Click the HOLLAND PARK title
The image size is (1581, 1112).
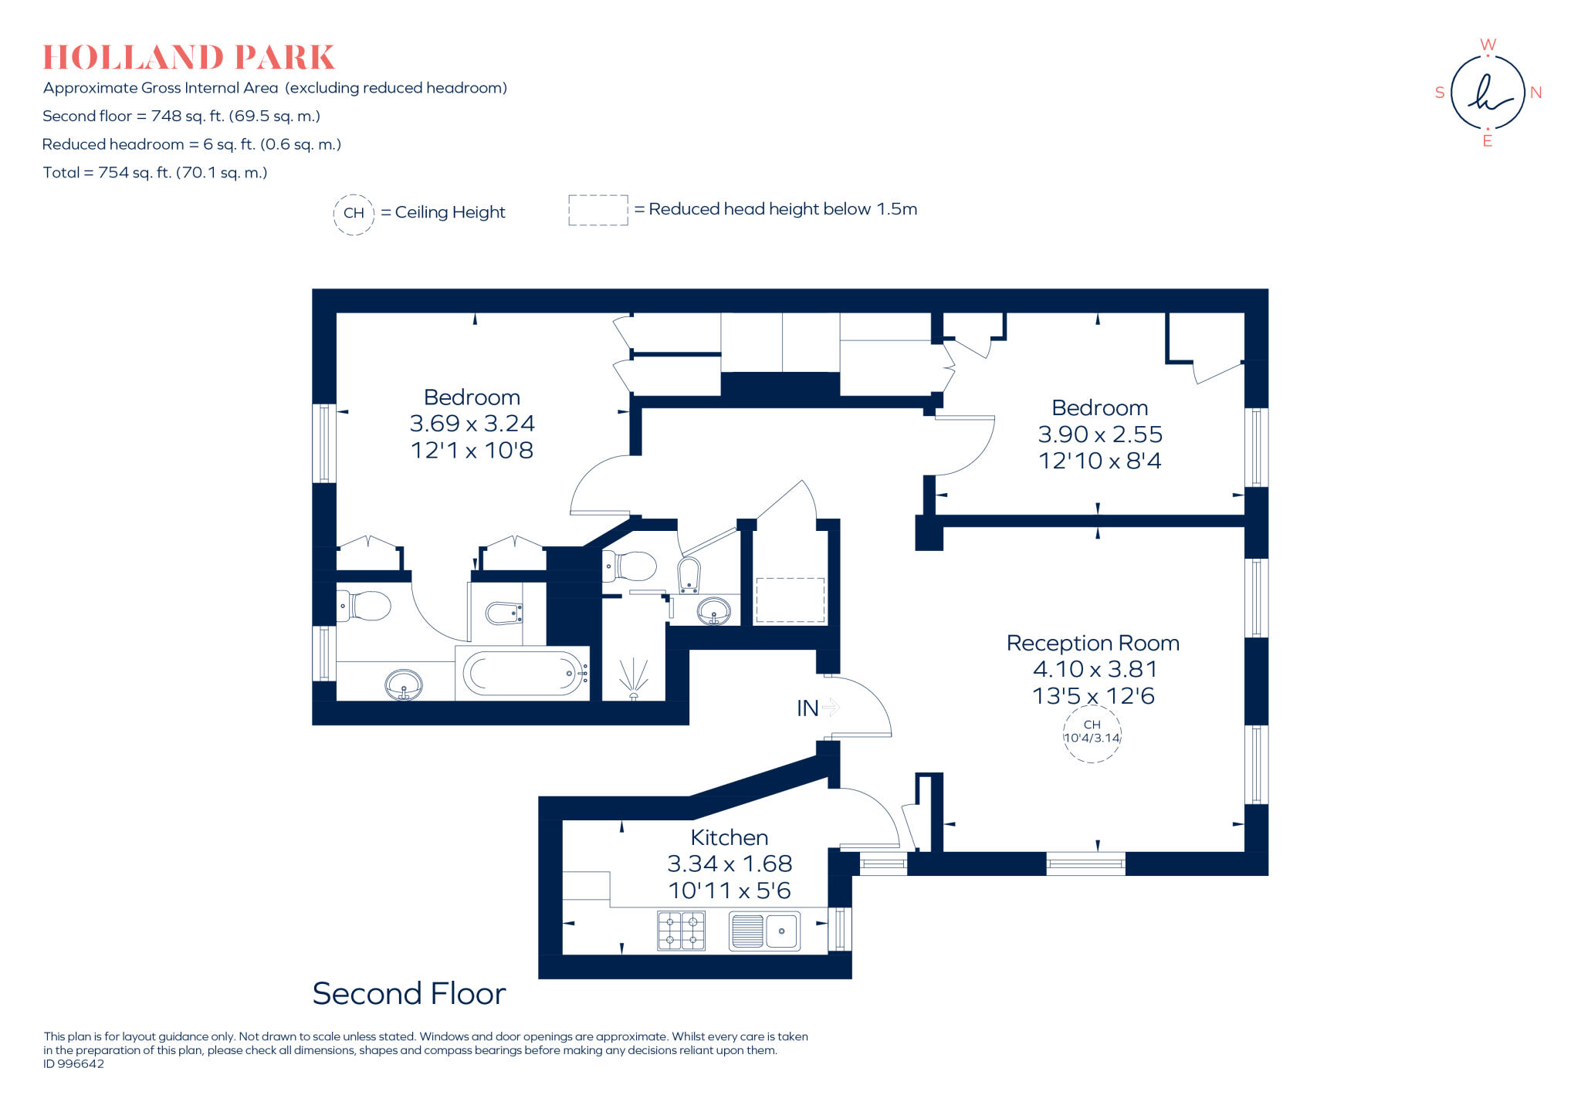(188, 58)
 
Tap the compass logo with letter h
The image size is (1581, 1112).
(1487, 93)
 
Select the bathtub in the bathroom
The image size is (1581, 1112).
(523, 674)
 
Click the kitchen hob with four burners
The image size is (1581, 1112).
(681, 930)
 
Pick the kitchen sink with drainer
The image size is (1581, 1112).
(764, 930)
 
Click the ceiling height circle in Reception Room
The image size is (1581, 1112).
(1092, 732)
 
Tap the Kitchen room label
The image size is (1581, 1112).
(729, 837)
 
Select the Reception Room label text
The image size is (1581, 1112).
(1092, 643)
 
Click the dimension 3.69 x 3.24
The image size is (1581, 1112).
(472, 424)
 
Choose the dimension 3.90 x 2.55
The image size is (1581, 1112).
(1099, 434)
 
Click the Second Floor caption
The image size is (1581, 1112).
(408, 993)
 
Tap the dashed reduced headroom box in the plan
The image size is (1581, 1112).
(790, 600)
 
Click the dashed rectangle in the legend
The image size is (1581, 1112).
(598, 210)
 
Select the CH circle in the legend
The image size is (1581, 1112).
(354, 213)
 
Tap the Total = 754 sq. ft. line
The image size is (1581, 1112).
(155, 173)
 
